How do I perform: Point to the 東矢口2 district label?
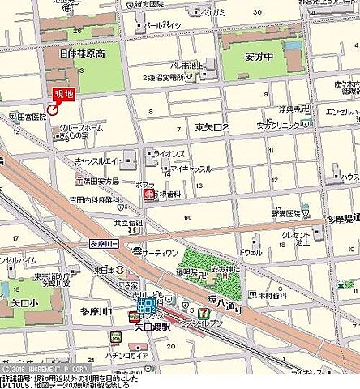point(212,128)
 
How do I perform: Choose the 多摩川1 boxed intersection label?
point(104,242)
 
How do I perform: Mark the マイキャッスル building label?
point(192,169)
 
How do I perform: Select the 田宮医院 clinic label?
point(30,118)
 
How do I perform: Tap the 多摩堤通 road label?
point(341,220)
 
